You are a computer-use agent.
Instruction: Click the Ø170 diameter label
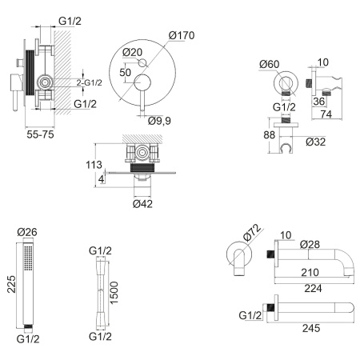(182, 35)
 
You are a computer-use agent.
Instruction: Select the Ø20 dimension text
(133, 52)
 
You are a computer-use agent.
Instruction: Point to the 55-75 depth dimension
(40, 134)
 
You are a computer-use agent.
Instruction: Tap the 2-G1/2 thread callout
(90, 82)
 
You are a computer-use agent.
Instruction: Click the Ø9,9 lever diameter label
(159, 121)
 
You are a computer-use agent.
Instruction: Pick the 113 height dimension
(94, 165)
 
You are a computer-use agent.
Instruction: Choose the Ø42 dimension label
(142, 204)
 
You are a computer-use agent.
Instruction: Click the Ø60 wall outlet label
(270, 64)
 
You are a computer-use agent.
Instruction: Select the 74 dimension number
(326, 114)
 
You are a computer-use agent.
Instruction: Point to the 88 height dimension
(269, 135)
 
